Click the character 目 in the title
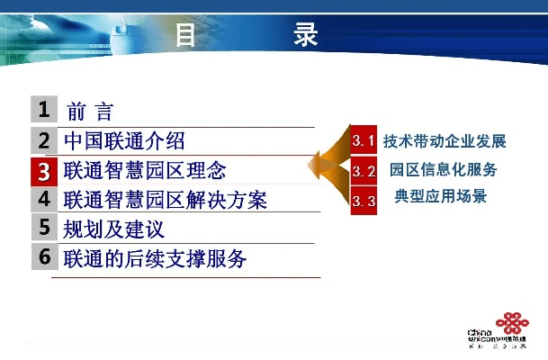(x=186, y=36)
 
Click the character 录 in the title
(x=306, y=36)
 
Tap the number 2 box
(x=43, y=140)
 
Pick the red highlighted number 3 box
(x=43, y=170)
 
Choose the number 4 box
(x=43, y=199)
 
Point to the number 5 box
(x=43, y=228)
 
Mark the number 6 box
(x=43, y=256)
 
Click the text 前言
(x=90, y=112)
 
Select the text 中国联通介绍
(x=124, y=141)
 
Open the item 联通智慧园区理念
(x=145, y=170)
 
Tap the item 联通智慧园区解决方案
(x=166, y=200)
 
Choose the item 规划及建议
(x=113, y=229)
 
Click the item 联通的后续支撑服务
(x=155, y=258)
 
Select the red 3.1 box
(x=364, y=141)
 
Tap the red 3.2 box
(x=364, y=170)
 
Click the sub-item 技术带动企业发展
(x=445, y=141)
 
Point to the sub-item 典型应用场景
(x=441, y=196)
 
